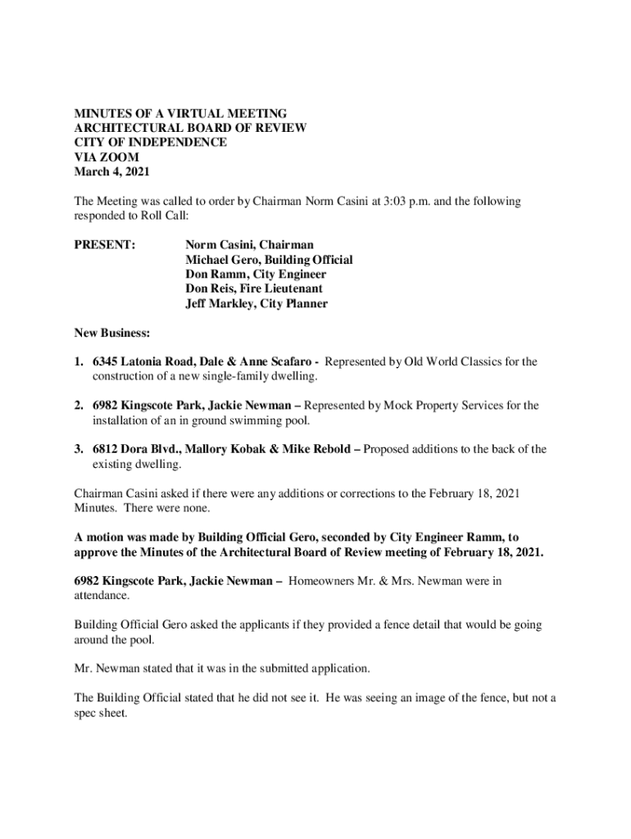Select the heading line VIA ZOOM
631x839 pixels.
coord(107,156)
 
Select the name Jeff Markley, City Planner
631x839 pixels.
coord(256,304)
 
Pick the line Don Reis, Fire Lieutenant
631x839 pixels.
coord(254,289)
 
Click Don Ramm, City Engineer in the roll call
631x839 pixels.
coord(256,274)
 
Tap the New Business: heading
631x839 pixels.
coord(113,333)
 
